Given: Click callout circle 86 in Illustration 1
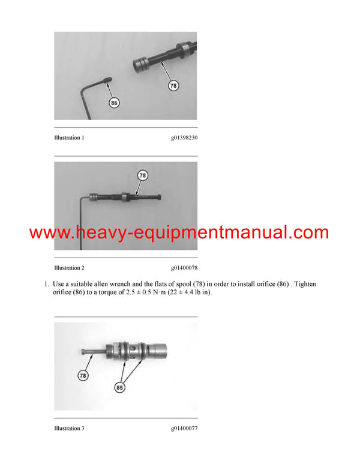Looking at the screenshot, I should tap(114, 103).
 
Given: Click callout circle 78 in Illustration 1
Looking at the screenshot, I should tap(173, 86).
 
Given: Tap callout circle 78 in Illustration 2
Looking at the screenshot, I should tap(142, 176).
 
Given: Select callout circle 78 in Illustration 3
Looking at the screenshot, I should tap(83, 375).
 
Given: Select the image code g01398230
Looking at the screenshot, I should tap(184, 138).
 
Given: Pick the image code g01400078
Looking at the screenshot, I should tap(184, 267).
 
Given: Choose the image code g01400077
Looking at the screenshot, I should tap(184, 428).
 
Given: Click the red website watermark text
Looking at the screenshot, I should tap(179, 233).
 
